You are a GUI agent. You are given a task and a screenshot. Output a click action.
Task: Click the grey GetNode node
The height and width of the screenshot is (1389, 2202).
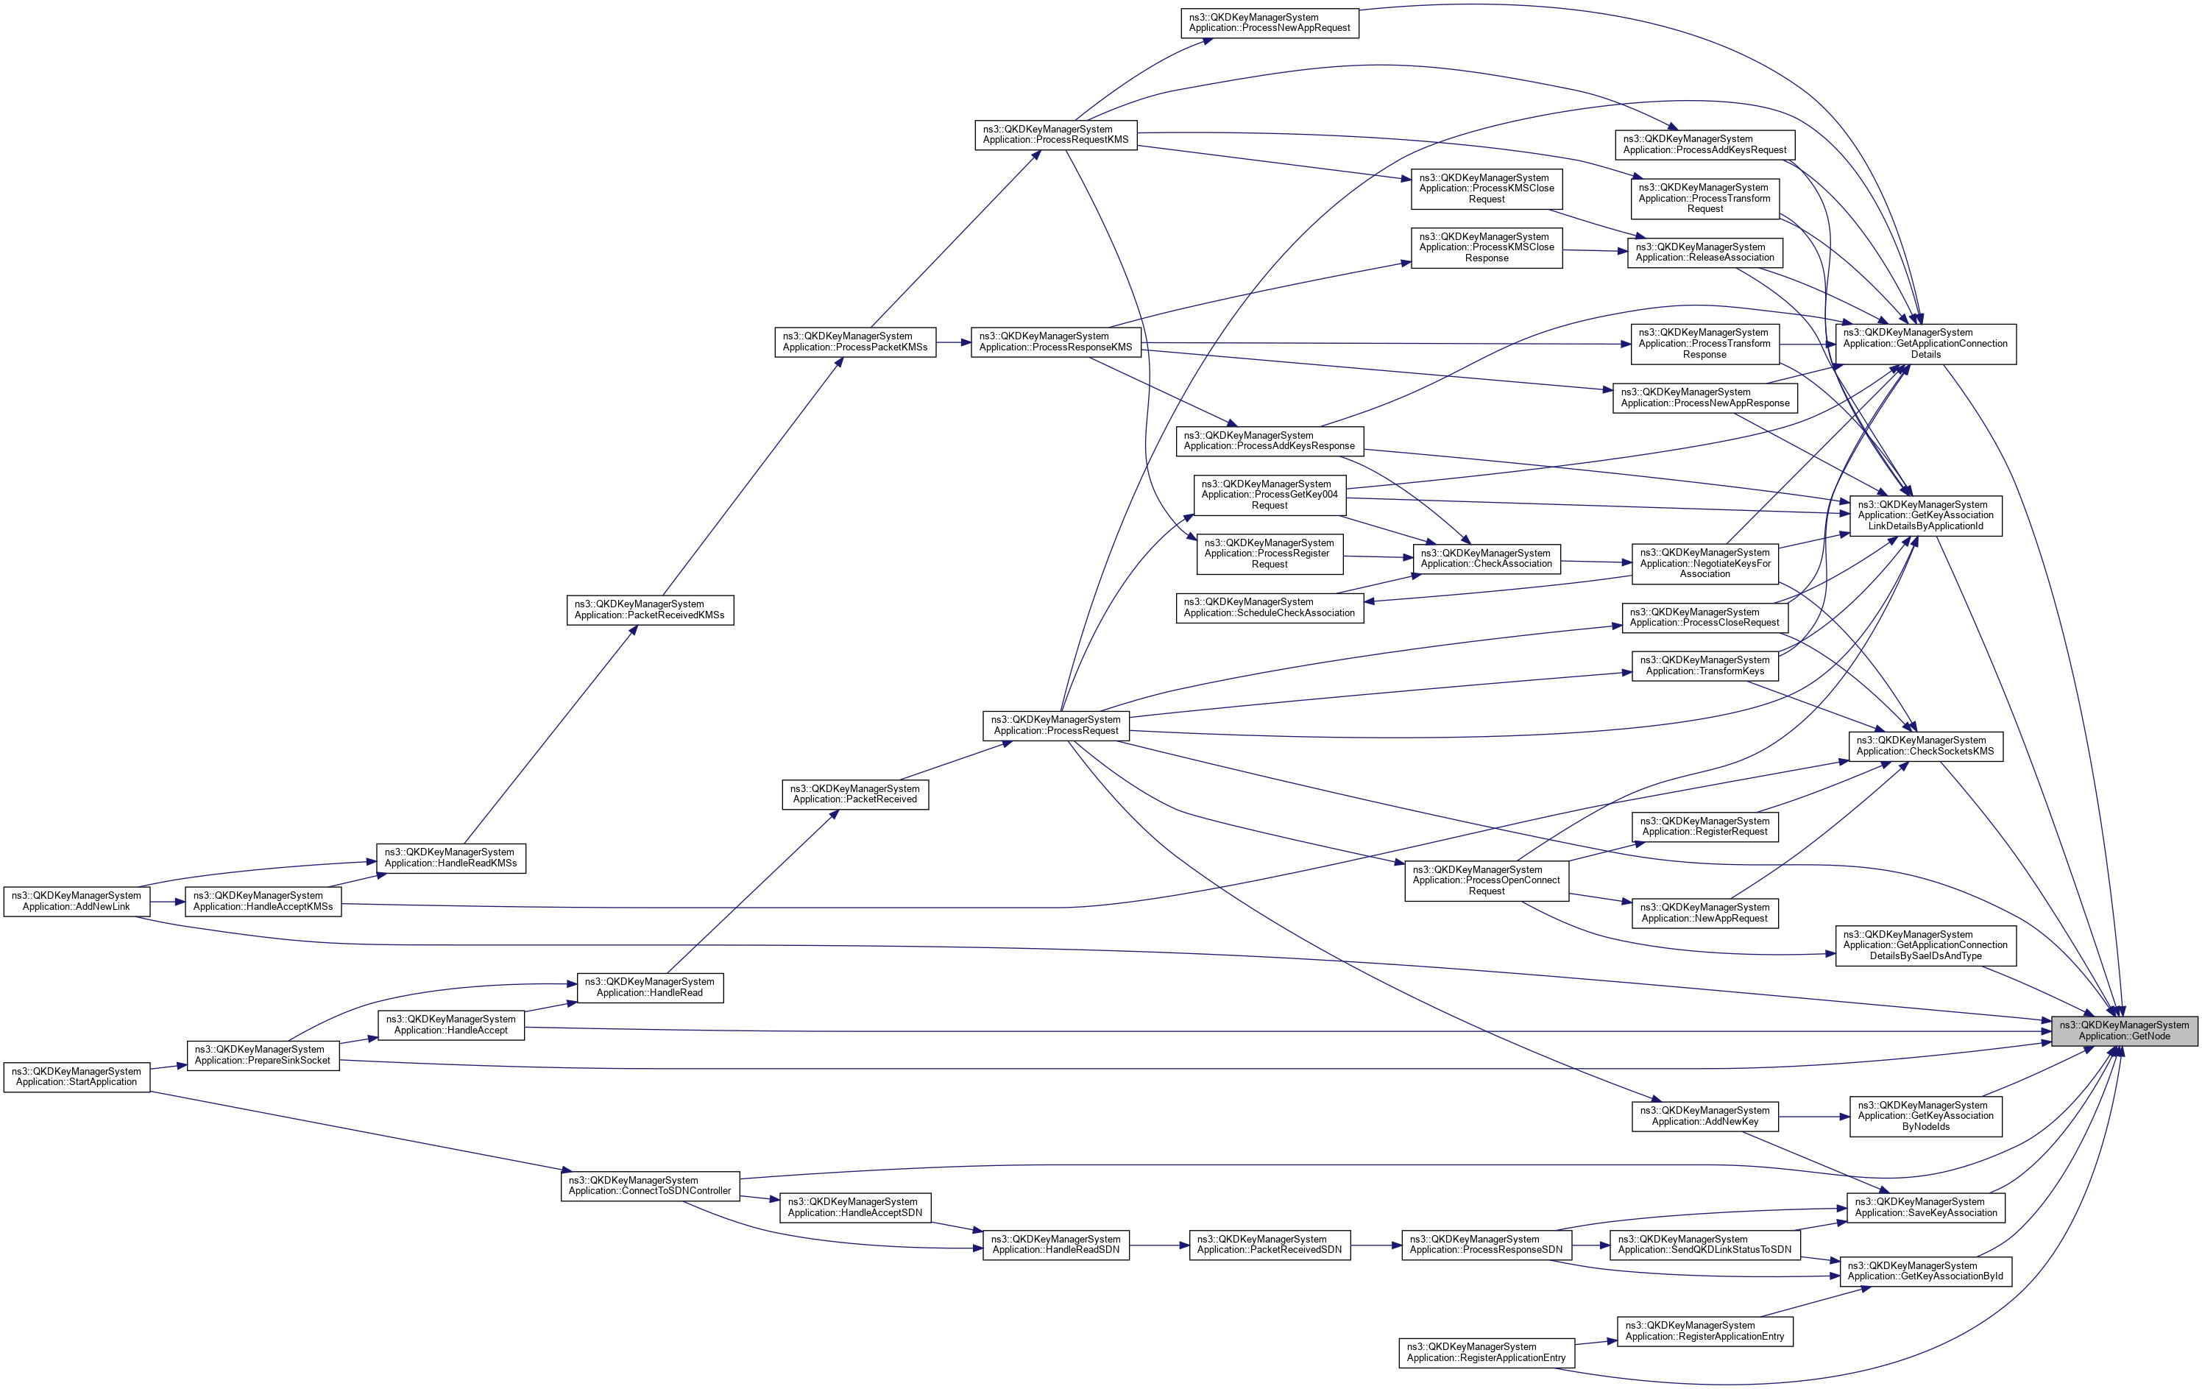[2123, 1030]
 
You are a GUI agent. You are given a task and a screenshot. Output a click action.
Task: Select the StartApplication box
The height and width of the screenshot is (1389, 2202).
[77, 1076]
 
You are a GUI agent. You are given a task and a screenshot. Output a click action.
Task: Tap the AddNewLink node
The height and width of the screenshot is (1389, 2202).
[77, 901]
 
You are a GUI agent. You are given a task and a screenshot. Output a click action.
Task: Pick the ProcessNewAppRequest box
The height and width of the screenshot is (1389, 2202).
[1270, 23]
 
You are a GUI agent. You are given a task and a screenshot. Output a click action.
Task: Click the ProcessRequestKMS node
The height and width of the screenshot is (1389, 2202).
[1055, 135]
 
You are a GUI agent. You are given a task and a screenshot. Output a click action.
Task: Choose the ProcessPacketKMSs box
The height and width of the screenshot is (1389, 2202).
[855, 342]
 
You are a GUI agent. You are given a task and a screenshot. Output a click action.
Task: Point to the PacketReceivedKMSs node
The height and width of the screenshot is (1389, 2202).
[649, 610]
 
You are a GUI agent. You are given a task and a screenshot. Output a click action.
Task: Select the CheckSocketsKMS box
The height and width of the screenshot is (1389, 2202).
[1925, 745]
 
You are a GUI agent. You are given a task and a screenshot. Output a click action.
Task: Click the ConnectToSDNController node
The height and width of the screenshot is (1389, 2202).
[649, 1185]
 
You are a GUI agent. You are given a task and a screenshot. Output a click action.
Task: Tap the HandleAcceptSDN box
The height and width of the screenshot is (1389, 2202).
[855, 1207]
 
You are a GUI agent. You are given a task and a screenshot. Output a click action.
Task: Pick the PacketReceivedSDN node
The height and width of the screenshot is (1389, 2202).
[1270, 1245]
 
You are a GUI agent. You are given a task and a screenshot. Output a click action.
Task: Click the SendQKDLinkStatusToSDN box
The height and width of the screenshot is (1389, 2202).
[1704, 1245]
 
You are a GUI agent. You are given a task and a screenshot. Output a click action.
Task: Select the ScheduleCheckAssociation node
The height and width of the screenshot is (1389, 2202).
[1270, 607]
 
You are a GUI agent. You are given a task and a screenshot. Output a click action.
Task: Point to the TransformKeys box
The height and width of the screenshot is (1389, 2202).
[1704, 665]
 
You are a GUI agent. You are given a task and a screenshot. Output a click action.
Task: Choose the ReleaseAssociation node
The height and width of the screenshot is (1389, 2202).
[1704, 252]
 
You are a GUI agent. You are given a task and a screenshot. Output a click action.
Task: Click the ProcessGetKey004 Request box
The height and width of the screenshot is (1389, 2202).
[1270, 495]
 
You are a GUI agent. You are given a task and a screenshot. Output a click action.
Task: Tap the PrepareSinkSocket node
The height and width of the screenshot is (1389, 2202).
[263, 1054]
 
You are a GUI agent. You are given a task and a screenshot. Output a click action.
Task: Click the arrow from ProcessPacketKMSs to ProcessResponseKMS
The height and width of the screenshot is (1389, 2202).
[953, 342]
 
